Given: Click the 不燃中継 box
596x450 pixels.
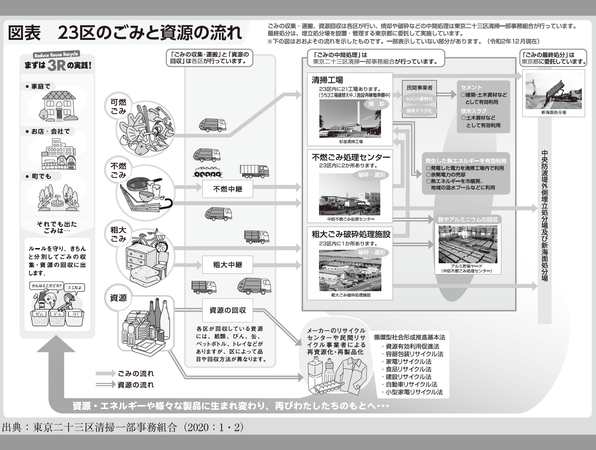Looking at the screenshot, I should point(227,189).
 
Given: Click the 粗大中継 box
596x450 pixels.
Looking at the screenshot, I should point(227,265).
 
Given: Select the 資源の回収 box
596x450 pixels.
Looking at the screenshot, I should point(227,310).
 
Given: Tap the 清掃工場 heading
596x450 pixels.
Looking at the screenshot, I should point(327,80).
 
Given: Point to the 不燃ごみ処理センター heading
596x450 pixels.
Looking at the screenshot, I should point(351,157).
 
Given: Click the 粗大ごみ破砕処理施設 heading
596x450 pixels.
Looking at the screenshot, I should point(351,234).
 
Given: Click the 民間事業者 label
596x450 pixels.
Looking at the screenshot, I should point(419,88).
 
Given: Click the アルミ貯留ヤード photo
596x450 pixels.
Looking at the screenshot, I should point(468,244).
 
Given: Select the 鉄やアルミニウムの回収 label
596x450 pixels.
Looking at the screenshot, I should point(468,219).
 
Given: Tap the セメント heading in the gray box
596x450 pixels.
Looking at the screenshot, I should point(471,87).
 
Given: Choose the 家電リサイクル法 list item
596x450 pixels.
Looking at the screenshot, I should point(408,362).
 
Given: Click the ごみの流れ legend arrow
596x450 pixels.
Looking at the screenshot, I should point(105,373).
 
